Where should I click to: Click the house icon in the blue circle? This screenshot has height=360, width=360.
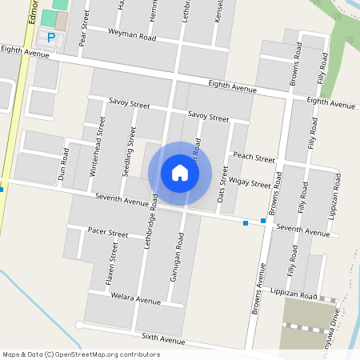click(180, 173)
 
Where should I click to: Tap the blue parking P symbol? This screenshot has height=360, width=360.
click(52, 38)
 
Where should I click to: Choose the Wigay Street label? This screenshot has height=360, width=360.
click(250, 183)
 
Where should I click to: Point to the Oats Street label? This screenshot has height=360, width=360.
click(224, 184)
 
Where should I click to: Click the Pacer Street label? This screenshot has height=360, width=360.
click(107, 234)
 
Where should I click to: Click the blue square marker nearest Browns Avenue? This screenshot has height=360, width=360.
click(263, 220)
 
